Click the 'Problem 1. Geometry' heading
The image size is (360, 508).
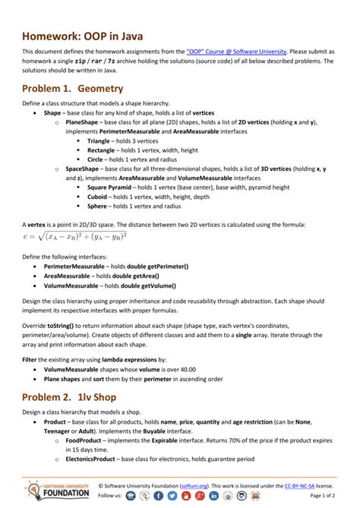click(x=72, y=89)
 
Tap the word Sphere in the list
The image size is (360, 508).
click(x=97, y=206)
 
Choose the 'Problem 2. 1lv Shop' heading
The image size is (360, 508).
click(x=71, y=397)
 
